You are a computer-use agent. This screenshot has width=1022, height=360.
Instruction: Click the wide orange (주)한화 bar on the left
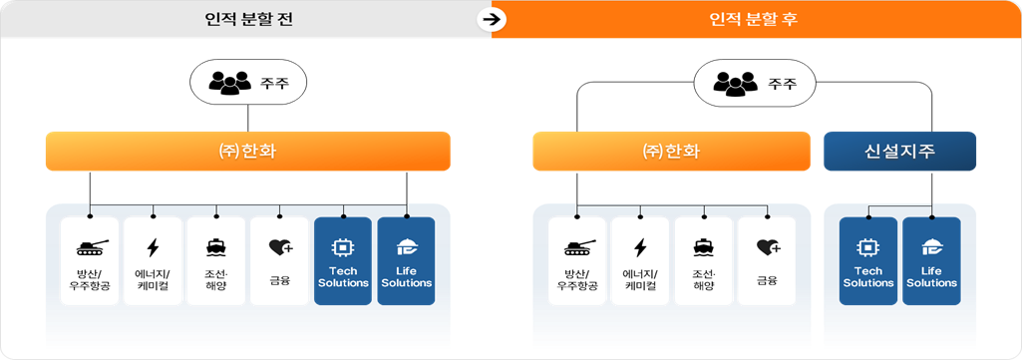click(x=248, y=152)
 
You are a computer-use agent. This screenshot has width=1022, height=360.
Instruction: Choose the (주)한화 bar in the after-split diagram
click(x=672, y=152)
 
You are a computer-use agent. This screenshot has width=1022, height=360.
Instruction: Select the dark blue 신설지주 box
click(x=899, y=152)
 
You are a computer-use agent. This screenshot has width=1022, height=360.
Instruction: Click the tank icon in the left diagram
click(x=89, y=246)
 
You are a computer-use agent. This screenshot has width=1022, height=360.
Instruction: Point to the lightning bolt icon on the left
click(x=153, y=247)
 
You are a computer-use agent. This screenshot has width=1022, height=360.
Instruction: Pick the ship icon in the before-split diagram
click(x=215, y=247)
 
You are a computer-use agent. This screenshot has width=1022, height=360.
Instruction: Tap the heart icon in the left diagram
click(x=279, y=247)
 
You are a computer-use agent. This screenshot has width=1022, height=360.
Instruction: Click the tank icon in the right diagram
click(x=576, y=246)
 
